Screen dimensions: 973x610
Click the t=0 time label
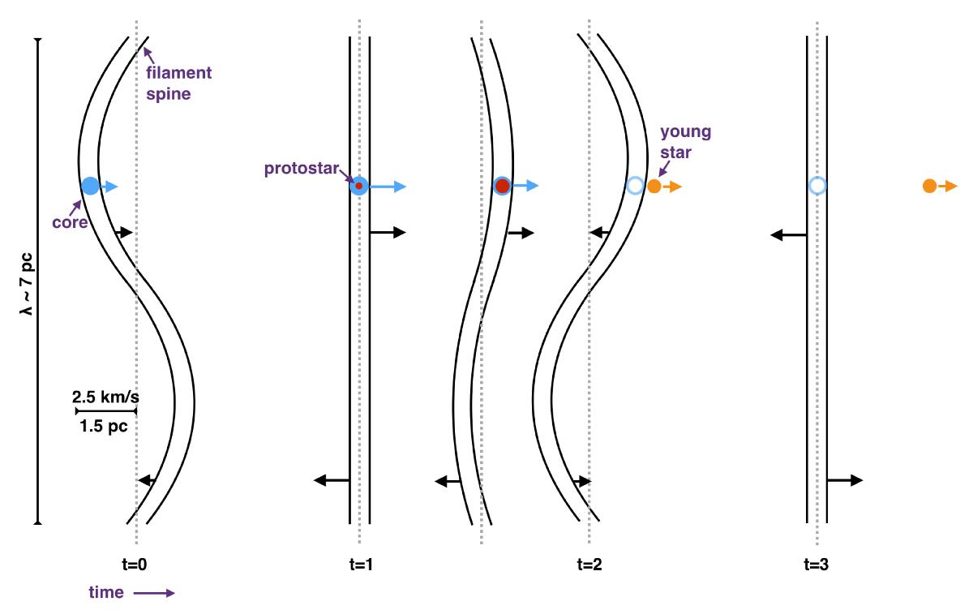135,565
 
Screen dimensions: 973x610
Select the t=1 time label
361,565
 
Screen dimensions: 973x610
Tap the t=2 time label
589,565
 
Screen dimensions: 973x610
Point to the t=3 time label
817,565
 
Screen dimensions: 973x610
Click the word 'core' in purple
70,223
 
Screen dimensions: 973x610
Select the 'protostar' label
302,169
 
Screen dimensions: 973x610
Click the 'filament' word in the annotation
179,72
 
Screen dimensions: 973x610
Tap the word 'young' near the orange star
686,132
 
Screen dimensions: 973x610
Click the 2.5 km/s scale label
105,397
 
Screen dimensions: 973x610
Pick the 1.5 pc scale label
104,426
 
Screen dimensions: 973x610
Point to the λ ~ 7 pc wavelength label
27,284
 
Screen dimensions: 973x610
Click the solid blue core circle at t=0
90,186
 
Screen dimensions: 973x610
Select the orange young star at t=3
929,186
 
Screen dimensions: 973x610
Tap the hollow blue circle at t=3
817,178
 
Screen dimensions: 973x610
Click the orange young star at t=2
654,187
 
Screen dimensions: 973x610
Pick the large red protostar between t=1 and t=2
503,186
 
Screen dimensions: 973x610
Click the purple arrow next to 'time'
154,593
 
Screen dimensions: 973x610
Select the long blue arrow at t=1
388,187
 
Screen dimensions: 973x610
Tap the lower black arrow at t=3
844,480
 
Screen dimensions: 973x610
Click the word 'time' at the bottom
106,593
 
